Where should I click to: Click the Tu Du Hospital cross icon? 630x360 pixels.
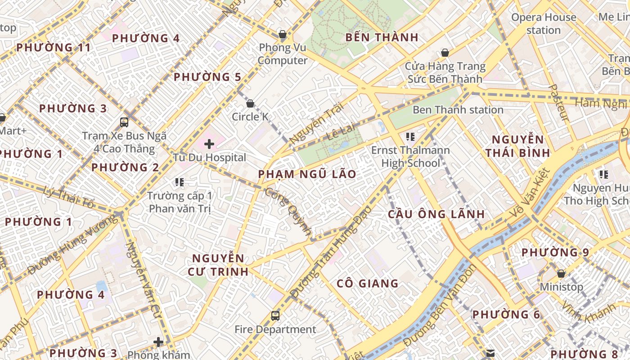(x=209, y=144)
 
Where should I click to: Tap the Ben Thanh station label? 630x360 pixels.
(x=458, y=110)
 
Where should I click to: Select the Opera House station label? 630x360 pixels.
(x=544, y=24)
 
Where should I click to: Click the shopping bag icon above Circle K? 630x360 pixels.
(x=250, y=104)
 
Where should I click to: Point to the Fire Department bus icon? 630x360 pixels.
(x=275, y=316)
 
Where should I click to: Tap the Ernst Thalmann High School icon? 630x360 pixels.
(x=410, y=136)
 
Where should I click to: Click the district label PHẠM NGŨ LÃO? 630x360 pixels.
(x=307, y=174)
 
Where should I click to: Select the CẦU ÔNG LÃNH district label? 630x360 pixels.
(x=436, y=214)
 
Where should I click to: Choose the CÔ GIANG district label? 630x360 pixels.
(x=368, y=283)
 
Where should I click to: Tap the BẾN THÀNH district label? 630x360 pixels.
(x=382, y=37)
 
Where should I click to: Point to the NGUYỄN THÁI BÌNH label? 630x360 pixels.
(x=518, y=146)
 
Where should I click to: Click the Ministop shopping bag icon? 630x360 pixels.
(x=561, y=273)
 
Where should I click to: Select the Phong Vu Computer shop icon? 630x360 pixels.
(x=283, y=34)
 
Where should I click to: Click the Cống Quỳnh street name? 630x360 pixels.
(x=288, y=212)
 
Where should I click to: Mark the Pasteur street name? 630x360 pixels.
(x=559, y=102)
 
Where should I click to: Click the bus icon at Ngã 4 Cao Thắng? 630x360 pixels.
(x=124, y=122)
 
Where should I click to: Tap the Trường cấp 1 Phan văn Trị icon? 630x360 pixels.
(x=180, y=182)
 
